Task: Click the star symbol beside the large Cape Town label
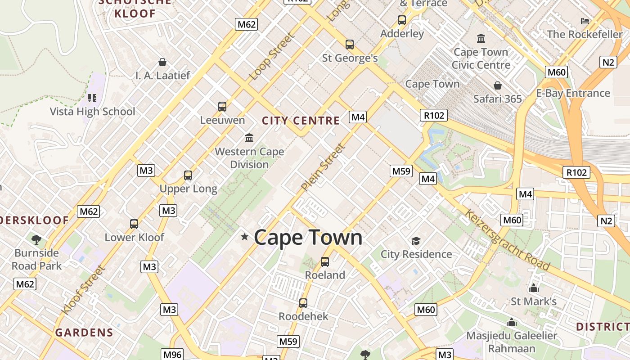(x=245, y=236)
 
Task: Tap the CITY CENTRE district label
(x=301, y=121)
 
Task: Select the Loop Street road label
(x=271, y=57)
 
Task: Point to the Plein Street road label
(x=324, y=167)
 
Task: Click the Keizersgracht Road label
(x=507, y=240)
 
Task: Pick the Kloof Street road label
(x=83, y=290)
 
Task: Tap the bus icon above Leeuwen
(x=222, y=107)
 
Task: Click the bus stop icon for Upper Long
(x=188, y=175)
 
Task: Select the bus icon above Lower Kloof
(x=134, y=224)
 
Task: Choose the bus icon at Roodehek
(x=303, y=303)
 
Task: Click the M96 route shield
(x=172, y=355)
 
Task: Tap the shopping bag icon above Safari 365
(x=498, y=85)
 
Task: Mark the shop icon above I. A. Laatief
(x=162, y=62)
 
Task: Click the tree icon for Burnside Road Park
(x=36, y=239)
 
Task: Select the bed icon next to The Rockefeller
(x=585, y=21)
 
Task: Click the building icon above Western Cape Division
(x=249, y=138)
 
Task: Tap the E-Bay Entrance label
(x=573, y=93)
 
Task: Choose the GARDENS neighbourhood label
(x=84, y=333)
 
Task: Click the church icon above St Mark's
(x=534, y=288)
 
